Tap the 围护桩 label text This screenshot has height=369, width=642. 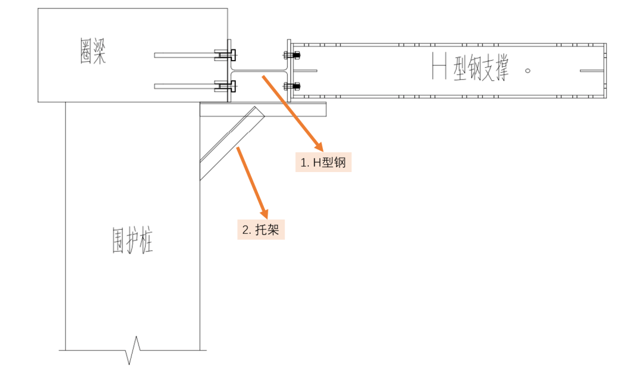133,239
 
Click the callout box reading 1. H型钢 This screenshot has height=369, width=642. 323,162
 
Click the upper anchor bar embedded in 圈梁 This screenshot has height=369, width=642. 184,55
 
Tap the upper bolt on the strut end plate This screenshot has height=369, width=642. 293,56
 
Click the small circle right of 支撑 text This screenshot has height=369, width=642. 528,71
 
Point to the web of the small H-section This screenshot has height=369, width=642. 259,70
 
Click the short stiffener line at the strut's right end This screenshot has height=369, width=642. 591,71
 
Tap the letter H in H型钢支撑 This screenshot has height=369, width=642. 439,66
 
